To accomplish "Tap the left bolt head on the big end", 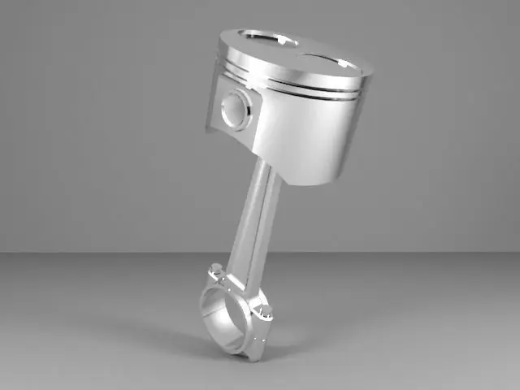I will pos(214,269).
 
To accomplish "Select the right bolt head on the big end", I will pos(262,313).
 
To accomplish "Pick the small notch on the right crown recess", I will pos(345,63).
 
